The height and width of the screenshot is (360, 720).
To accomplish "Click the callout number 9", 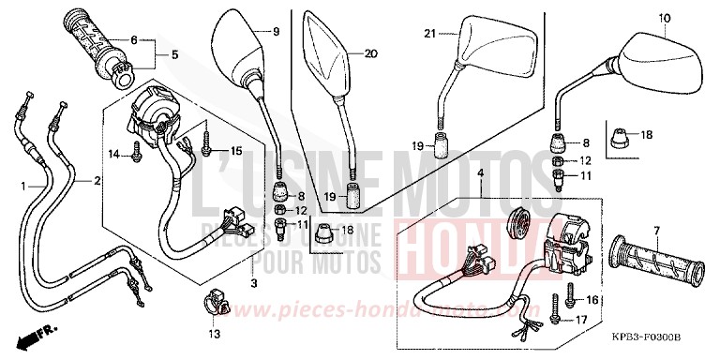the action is tap(276, 32).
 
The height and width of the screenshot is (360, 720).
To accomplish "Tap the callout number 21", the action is tap(430, 35).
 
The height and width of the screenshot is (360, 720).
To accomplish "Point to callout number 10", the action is tap(666, 18).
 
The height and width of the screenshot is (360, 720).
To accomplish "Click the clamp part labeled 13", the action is tap(214, 306).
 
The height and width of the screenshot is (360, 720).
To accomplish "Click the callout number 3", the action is tap(252, 283).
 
